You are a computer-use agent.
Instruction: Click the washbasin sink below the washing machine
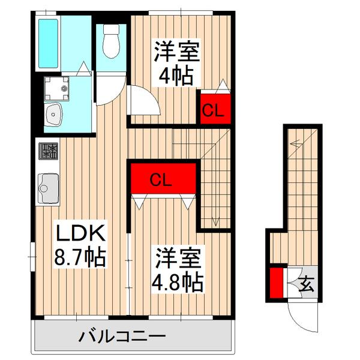coord(55,115)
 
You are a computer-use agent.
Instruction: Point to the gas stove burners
coord(49,151)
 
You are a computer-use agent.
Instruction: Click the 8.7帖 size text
coord(80,259)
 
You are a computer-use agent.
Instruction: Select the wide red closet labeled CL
coord(164,179)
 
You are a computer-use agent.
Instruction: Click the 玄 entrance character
coord(306,283)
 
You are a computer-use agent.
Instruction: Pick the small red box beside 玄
coord(277,284)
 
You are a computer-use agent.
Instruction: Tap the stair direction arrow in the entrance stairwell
coord(295,144)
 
